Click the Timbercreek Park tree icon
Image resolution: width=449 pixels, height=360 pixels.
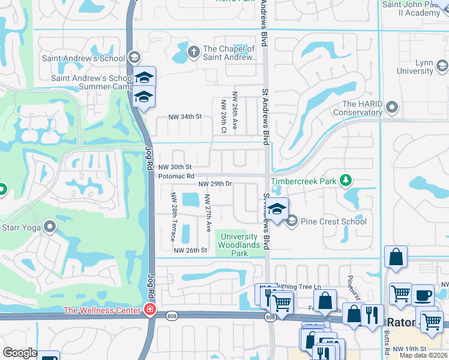345,180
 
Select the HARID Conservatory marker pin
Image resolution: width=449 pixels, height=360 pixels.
392,107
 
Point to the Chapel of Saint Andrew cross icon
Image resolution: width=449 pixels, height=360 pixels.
193,52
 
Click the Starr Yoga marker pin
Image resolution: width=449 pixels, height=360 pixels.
49,227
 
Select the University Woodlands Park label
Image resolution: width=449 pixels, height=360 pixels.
240,245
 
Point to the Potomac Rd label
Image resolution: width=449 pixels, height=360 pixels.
176,176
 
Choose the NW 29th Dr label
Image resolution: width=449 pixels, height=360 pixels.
215,183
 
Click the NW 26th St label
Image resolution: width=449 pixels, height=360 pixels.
190,250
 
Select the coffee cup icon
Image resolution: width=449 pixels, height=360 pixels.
423,295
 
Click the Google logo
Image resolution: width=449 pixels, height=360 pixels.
20,353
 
